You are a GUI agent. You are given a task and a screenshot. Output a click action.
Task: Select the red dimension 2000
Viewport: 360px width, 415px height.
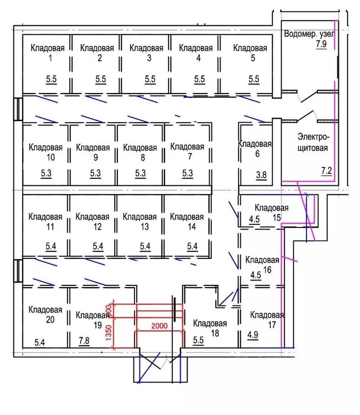(x=158, y=326)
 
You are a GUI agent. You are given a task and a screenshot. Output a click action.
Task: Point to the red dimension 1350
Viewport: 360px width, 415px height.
(x=109, y=331)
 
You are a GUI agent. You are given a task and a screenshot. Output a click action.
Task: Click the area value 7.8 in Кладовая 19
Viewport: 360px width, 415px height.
(x=84, y=340)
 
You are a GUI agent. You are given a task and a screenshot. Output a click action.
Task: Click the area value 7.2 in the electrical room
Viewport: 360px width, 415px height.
(x=326, y=171)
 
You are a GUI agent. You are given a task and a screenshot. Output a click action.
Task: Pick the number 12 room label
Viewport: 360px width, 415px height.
(x=97, y=227)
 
